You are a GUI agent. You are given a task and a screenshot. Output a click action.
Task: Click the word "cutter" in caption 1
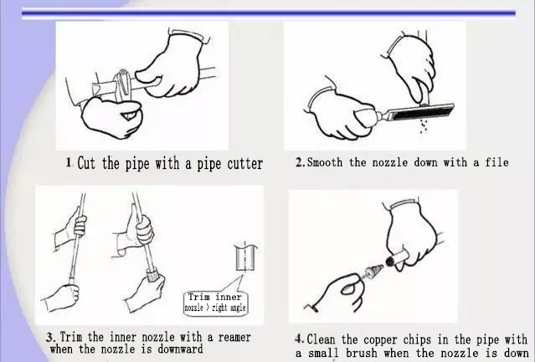coord(245,164)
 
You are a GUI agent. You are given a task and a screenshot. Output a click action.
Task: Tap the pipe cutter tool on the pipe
coord(123,86)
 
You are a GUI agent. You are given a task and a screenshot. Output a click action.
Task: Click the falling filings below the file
coord(424,126)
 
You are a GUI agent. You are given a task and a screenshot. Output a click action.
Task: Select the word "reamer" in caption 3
coord(234,338)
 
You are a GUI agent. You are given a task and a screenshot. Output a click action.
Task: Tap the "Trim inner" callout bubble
coord(216,303)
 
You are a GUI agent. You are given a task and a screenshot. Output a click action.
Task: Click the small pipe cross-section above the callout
coord(245,257)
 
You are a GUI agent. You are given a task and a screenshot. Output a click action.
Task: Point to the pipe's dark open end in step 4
coord(389,261)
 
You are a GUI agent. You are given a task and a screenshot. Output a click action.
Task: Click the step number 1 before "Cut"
coord(69,162)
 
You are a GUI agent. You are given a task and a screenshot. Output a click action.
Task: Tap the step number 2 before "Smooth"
coord(299,162)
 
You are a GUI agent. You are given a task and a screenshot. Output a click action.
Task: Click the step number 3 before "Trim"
coord(50,338)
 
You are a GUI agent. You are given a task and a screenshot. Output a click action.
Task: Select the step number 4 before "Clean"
coord(299,339)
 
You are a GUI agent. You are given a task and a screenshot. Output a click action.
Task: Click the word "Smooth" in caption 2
coord(325,162)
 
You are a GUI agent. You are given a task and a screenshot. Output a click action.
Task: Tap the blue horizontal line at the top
coord(269,13)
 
